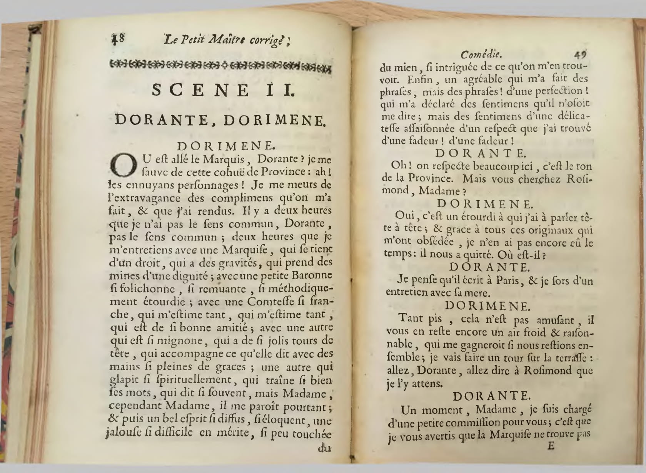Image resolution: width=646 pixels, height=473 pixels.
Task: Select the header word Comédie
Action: click(x=481, y=54)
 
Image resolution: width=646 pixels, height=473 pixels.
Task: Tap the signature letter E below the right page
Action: click(x=551, y=448)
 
